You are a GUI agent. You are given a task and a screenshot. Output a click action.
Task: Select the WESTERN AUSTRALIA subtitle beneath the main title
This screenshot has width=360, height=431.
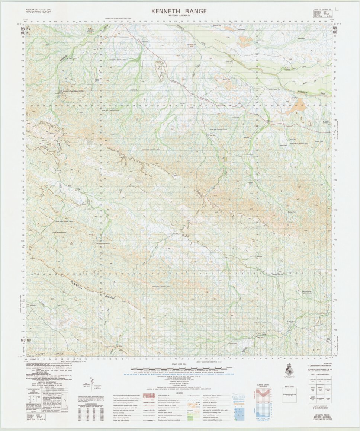[179, 16]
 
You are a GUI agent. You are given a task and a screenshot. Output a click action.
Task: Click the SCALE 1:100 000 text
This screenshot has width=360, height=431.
[179, 364]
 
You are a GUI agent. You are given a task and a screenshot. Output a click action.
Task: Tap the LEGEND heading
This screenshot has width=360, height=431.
[180, 393]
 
